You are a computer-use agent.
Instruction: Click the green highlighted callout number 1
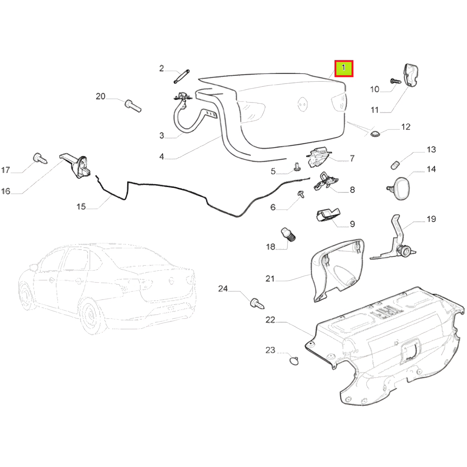click(344, 68)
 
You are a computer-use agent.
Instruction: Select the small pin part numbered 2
click(182, 76)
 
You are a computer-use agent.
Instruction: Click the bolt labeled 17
click(40, 158)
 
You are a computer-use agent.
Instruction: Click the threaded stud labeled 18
click(288, 235)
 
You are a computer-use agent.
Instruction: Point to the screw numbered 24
click(257, 304)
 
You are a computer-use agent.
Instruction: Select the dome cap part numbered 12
click(375, 133)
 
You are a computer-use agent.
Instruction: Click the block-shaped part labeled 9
click(328, 216)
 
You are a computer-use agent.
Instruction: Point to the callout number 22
click(270, 320)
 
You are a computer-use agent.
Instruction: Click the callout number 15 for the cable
click(81, 207)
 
